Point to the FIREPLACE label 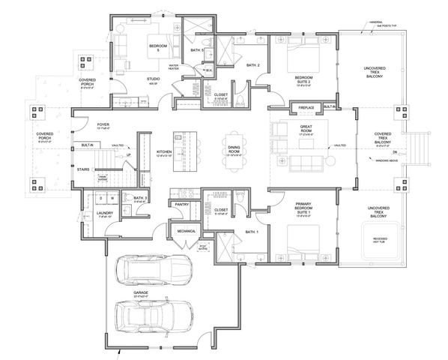pos(306,107)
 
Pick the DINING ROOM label pos(234,152)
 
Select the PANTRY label pos(181,203)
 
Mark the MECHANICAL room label pos(187,231)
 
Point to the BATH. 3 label pos(142,198)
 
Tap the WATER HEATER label pos(177,67)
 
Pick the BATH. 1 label pos(252,233)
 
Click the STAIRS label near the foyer pos(83,170)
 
